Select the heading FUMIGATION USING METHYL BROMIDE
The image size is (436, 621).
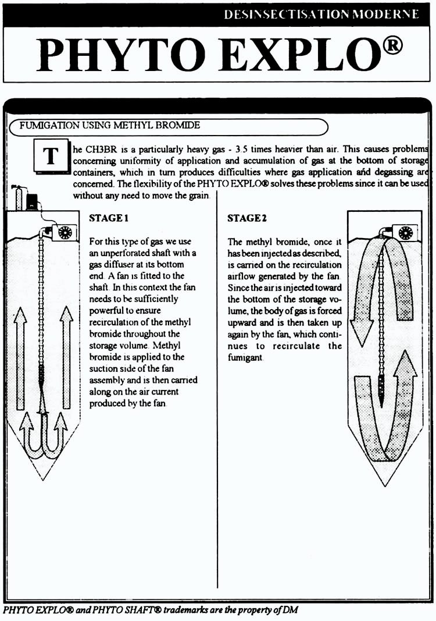coord(110,125)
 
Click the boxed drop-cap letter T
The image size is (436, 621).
coord(51,155)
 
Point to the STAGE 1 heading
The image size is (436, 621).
coord(109,218)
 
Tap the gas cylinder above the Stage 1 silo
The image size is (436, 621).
coord(18,197)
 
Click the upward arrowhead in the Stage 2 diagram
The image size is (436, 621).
coord(406,364)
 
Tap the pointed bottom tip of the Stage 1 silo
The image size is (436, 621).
coord(42,480)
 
